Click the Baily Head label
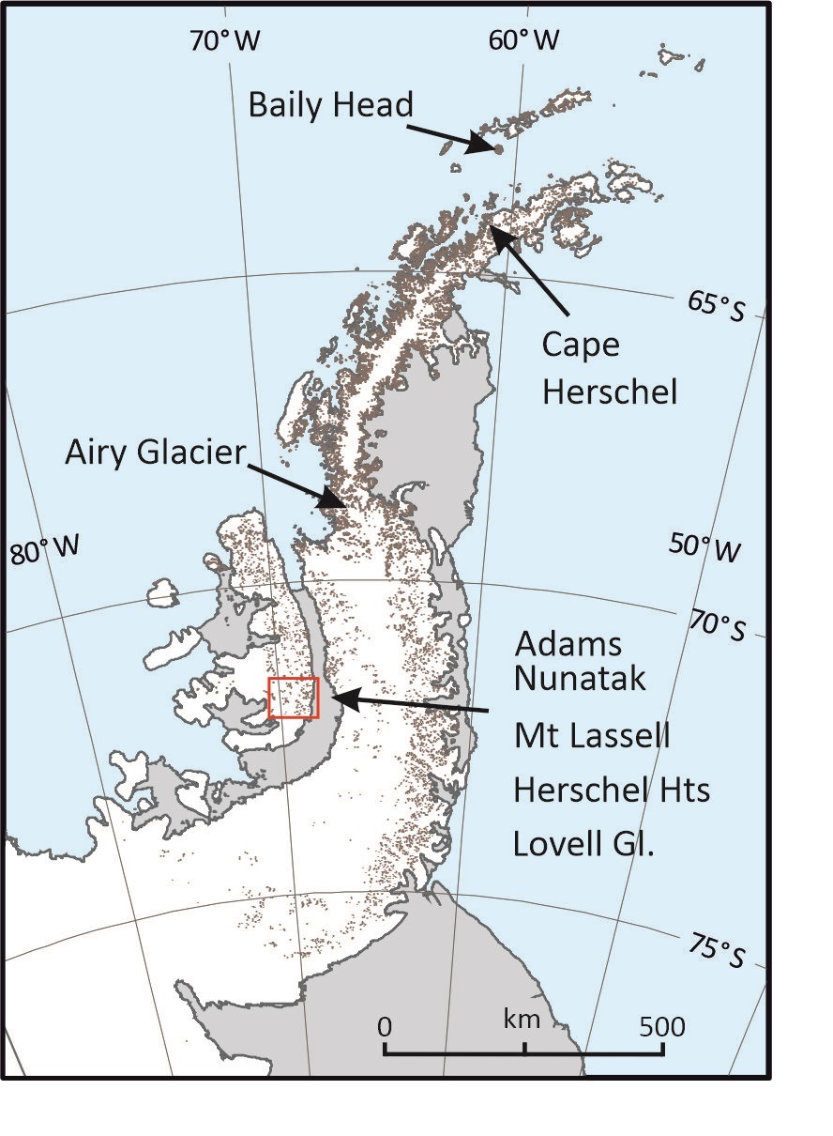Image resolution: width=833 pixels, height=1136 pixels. coord(330,104)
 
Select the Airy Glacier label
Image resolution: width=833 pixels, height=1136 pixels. coord(155,453)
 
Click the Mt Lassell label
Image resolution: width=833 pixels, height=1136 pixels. coord(592,735)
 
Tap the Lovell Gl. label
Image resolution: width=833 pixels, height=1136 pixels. coord(583,844)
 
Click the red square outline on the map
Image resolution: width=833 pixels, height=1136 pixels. coord(294,698)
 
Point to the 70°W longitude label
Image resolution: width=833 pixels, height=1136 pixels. coord(225,40)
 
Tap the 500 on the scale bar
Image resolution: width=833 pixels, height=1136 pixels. coord(662,1025)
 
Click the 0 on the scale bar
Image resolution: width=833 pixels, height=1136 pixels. coord(385,1025)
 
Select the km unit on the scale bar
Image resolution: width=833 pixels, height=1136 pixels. coord(522,1019)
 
